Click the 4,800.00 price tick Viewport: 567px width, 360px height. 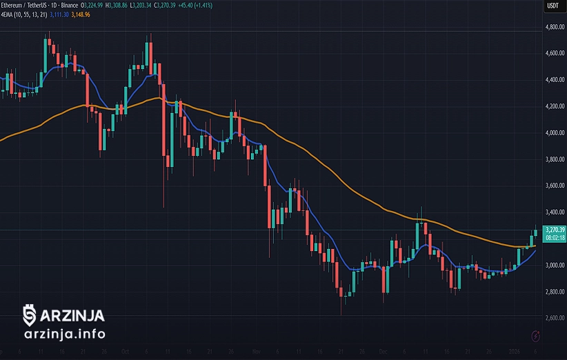pos(554,27)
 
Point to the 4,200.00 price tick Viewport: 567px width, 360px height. pos(554,106)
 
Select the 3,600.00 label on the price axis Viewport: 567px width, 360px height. pos(554,186)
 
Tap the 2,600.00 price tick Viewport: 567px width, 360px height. pos(554,319)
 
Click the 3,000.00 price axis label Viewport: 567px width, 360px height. pos(554,266)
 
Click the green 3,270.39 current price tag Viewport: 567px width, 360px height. pos(555,230)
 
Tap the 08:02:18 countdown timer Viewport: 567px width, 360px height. pos(555,237)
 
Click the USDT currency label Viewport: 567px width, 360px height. pos(553,6)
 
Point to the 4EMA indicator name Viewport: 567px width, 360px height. pos(9,14)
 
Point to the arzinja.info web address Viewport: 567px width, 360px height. pos(64,334)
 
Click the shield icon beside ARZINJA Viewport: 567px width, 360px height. pos(29,315)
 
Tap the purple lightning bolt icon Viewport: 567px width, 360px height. pos(537,336)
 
